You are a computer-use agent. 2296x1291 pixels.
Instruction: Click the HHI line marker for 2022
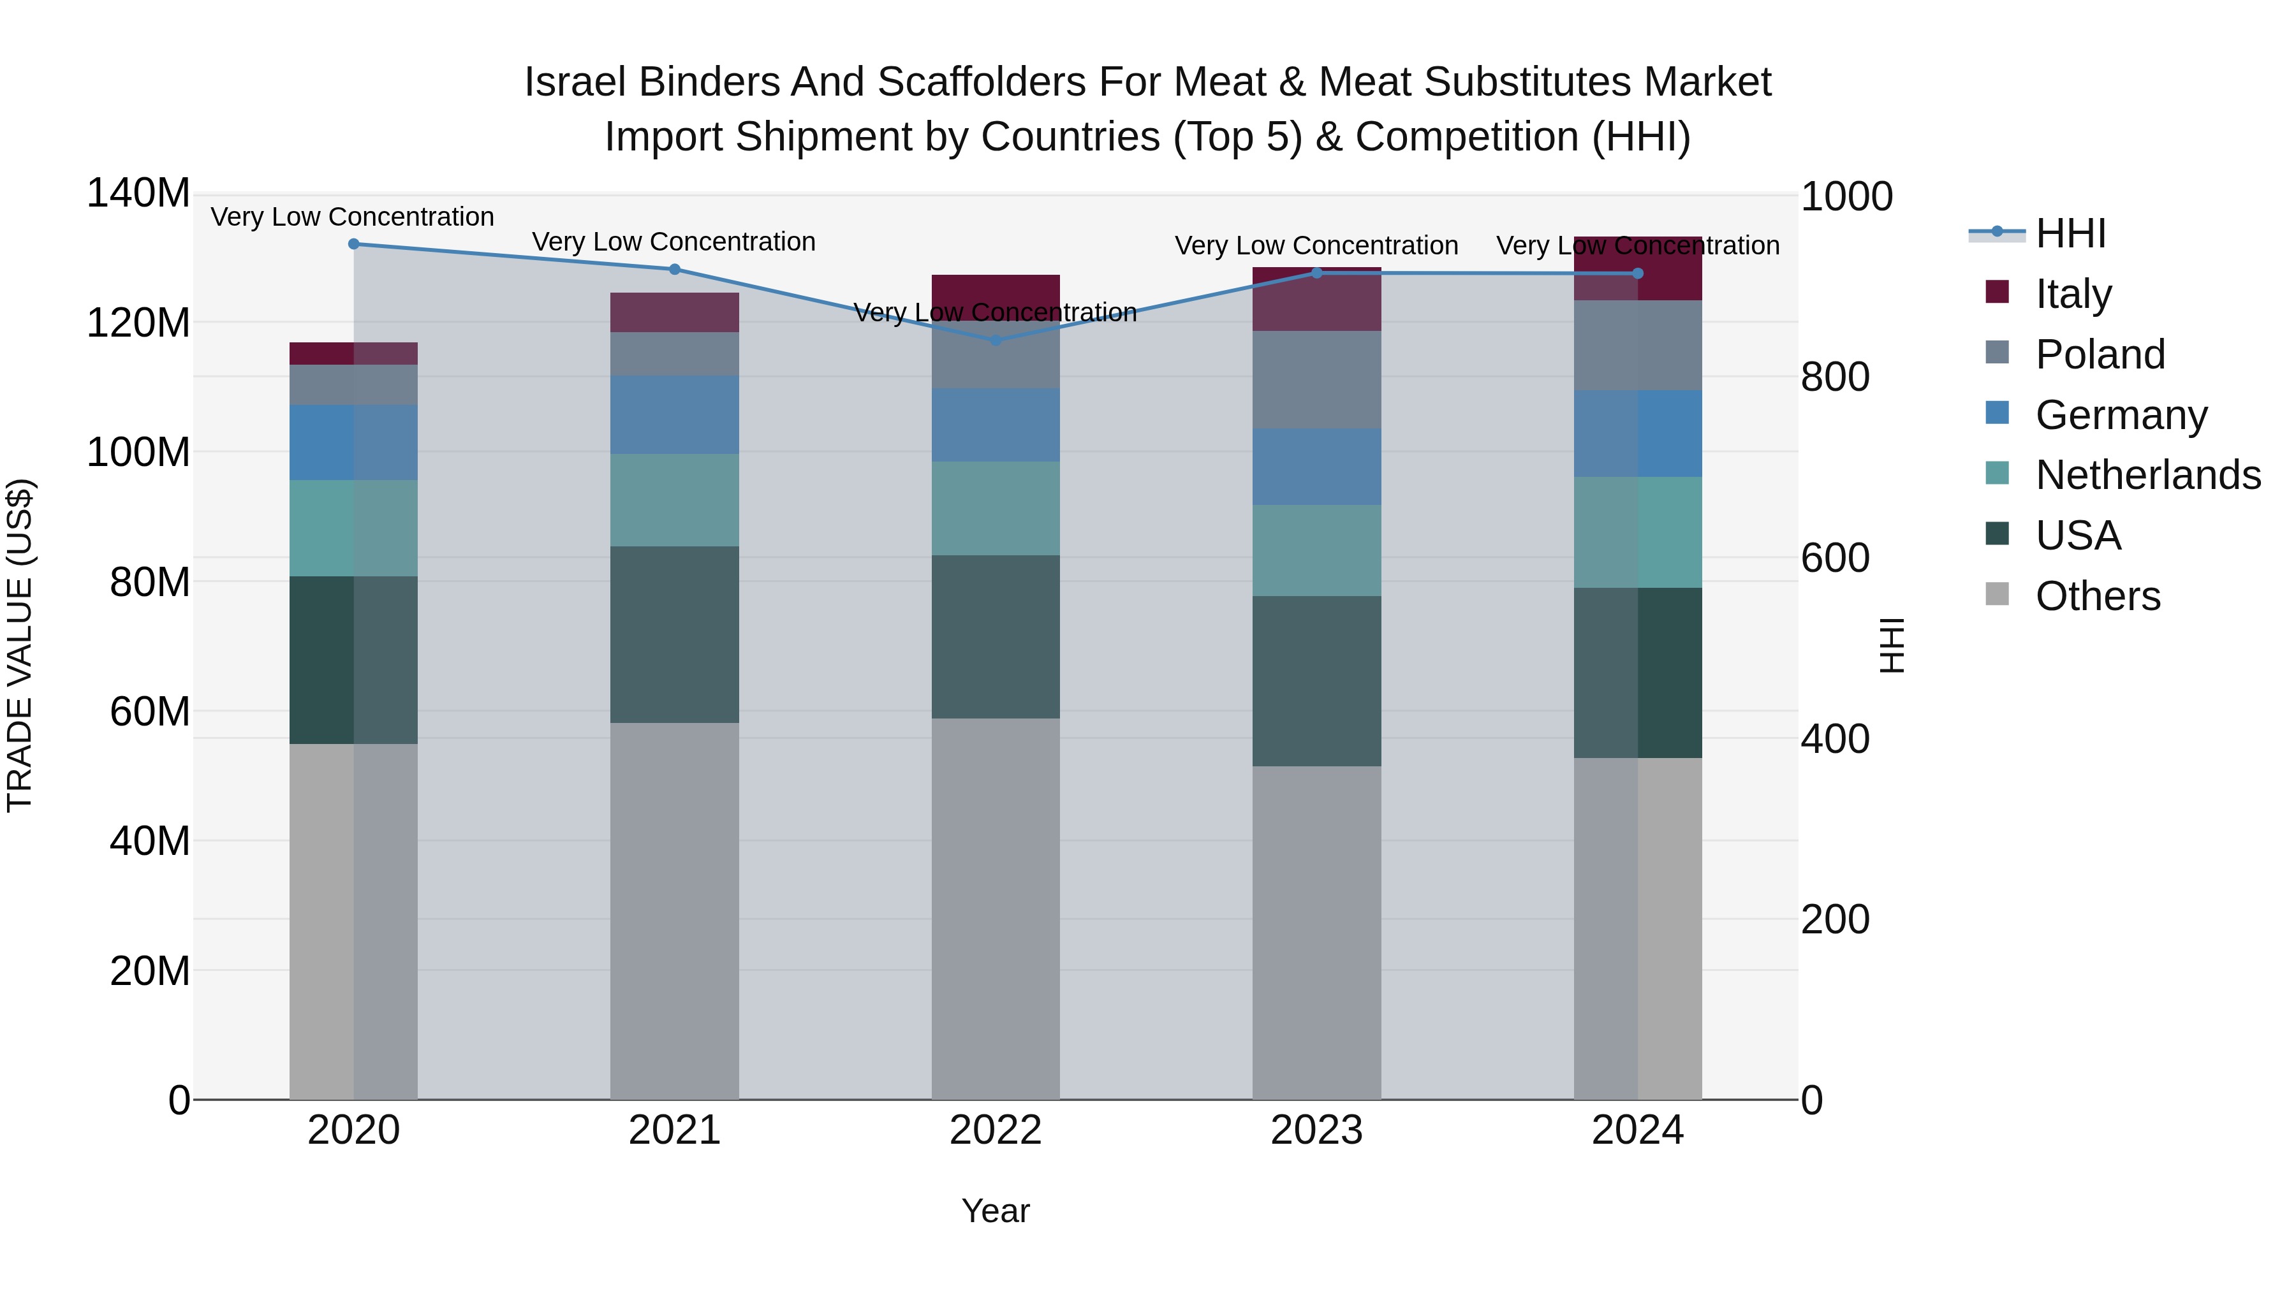point(996,339)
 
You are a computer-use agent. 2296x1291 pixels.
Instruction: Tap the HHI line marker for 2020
point(354,244)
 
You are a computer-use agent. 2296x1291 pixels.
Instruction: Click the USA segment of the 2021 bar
point(675,634)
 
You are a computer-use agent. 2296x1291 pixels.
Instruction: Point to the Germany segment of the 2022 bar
point(996,425)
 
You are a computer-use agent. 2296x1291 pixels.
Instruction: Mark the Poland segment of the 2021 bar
point(675,354)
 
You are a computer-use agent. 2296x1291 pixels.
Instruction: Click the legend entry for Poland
point(2100,354)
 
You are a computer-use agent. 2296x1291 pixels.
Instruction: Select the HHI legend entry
point(2070,233)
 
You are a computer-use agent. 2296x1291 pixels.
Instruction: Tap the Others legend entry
point(2097,596)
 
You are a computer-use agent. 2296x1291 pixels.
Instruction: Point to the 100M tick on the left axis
point(138,453)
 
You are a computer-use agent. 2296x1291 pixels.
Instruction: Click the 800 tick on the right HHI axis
point(1834,377)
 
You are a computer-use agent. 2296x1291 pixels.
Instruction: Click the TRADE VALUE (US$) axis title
point(20,645)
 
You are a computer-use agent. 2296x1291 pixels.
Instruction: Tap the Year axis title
point(996,1211)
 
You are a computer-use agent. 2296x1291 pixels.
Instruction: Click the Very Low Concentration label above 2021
point(674,242)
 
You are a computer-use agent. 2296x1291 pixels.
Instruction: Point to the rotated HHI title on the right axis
point(1890,645)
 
